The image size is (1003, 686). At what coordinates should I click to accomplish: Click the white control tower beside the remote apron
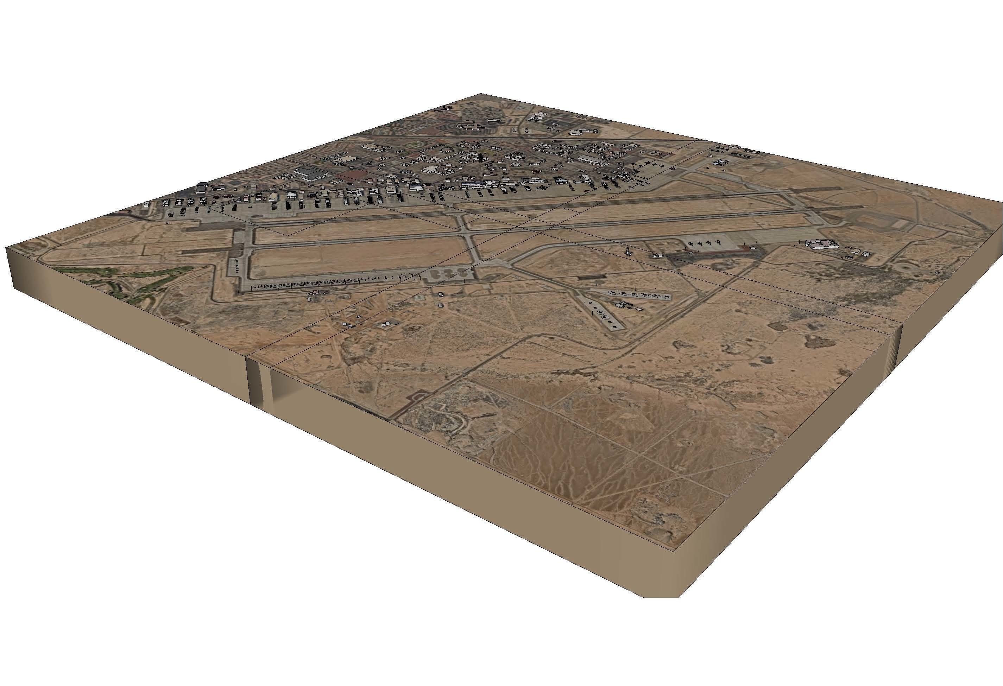coord(627,251)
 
